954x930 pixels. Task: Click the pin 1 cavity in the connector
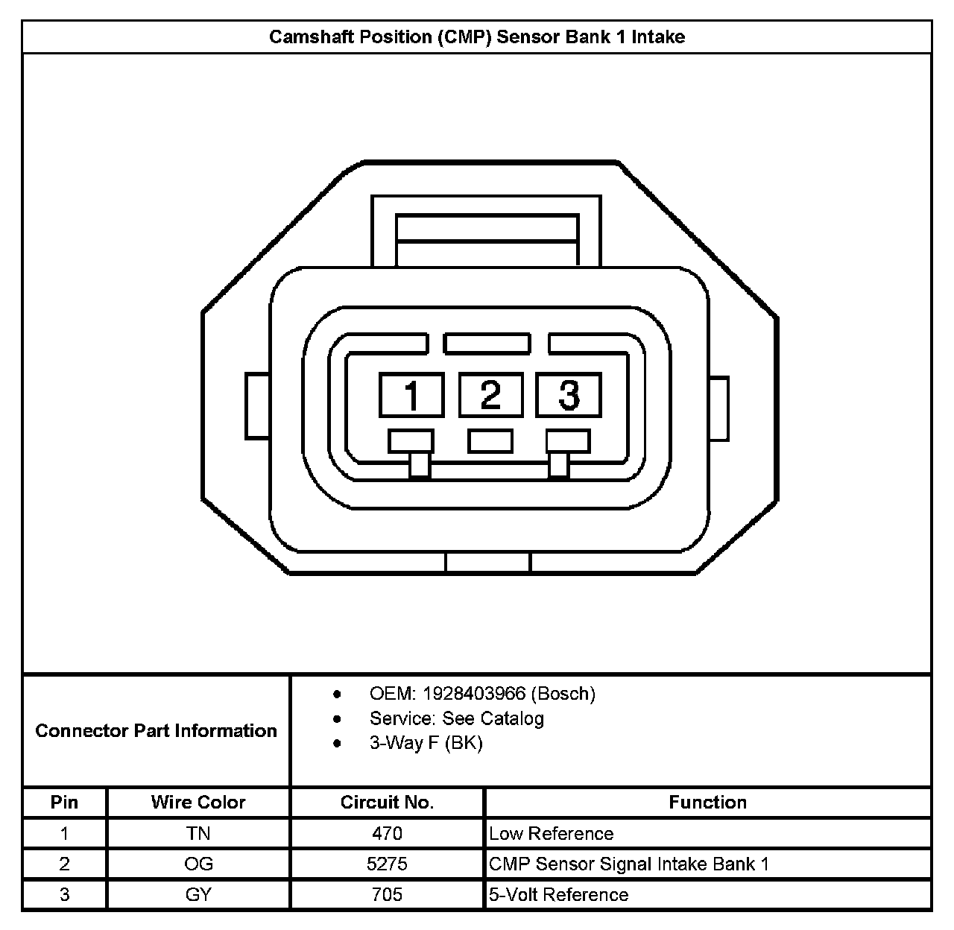pos(411,395)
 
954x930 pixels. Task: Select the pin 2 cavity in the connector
pos(490,394)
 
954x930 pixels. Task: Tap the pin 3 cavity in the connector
pos(569,395)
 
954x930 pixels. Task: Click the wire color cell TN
pos(198,833)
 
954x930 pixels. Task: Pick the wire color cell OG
pos(198,864)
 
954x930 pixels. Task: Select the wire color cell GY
pos(198,894)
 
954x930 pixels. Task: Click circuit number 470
pos(387,833)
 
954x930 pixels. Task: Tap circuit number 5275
pos(387,864)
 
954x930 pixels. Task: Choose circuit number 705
pos(387,894)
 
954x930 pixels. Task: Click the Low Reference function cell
pos(552,833)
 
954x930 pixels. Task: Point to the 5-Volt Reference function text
pos(559,894)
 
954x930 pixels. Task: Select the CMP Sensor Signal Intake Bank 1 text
pos(629,864)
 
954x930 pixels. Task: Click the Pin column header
pos(64,803)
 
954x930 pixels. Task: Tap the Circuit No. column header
pos(387,803)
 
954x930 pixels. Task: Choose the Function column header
pos(707,803)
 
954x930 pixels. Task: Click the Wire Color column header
pos(198,803)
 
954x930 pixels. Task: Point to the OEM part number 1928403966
pos(474,694)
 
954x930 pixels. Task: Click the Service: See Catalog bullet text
pos(456,718)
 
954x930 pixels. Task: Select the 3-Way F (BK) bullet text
pos(426,743)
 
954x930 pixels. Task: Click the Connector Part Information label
pos(156,730)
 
